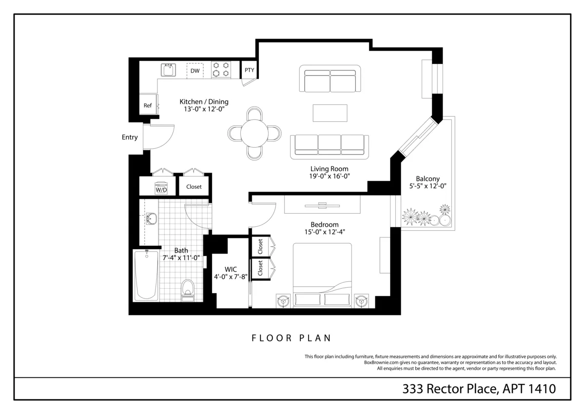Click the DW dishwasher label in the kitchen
(195, 71)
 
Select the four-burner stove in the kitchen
(220, 70)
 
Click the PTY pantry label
(249, 70)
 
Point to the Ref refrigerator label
(147, 105)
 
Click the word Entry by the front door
(130, 138)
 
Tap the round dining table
(254, 133)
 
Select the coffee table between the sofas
(330, 113)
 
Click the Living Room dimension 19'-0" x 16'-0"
(330, 176)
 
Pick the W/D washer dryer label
(161, 189)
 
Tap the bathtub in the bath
(146, 276)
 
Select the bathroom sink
(151, 219)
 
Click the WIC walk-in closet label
(231, 269)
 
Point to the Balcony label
(428, 178)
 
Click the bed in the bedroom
(322, 276)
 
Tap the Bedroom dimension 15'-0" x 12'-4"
(324, 232)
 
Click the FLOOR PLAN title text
(292, 337)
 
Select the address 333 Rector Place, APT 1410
(479, 389)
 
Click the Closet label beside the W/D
(194, 187)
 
